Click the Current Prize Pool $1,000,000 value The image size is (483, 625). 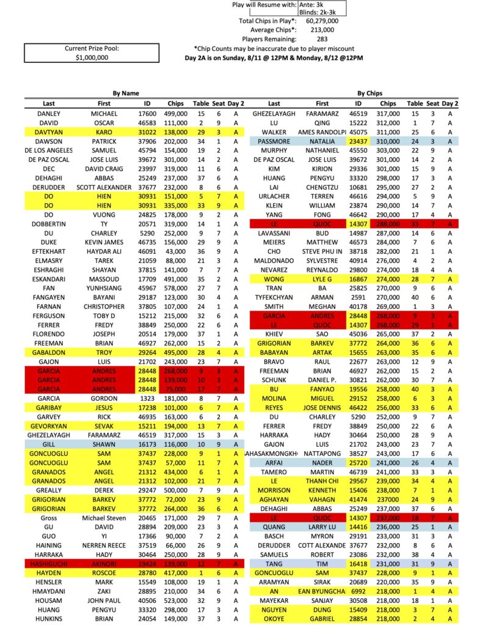click(92, 57)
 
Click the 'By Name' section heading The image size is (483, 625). click(126, 93)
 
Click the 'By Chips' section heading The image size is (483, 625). click(369, 93)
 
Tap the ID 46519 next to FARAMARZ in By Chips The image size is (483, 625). click(358, 114)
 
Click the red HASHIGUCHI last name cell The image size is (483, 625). click(49, 564)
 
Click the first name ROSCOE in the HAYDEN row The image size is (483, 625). click(104, 573)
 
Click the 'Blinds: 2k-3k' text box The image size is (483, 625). click(322, 12)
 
